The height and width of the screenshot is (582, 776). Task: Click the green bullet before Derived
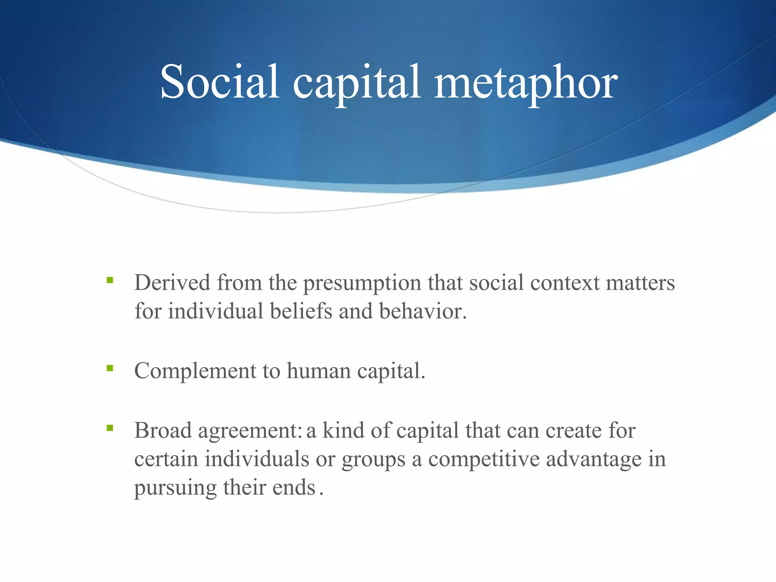110,280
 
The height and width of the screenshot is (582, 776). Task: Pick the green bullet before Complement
110,368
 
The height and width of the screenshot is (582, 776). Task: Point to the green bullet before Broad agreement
110,428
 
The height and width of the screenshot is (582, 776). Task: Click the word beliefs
301,311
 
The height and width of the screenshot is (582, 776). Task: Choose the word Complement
195,371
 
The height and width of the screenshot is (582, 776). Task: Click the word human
318,371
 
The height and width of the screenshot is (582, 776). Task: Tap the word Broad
163,430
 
